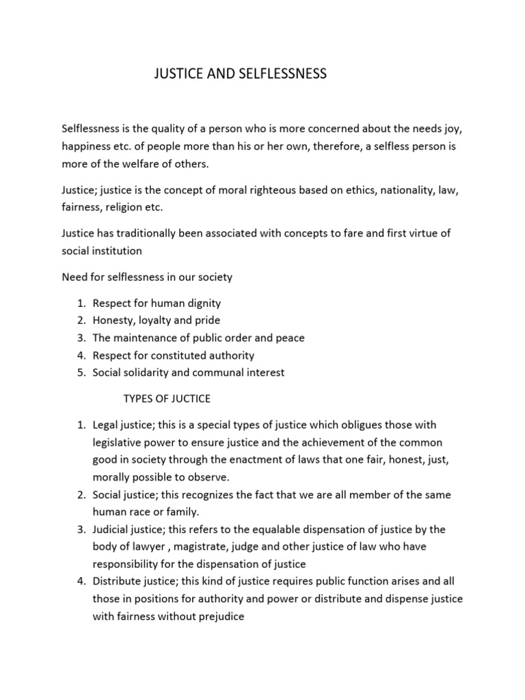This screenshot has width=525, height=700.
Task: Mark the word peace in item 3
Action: pos(291,338)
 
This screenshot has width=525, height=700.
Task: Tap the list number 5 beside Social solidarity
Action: pos(80,373)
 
